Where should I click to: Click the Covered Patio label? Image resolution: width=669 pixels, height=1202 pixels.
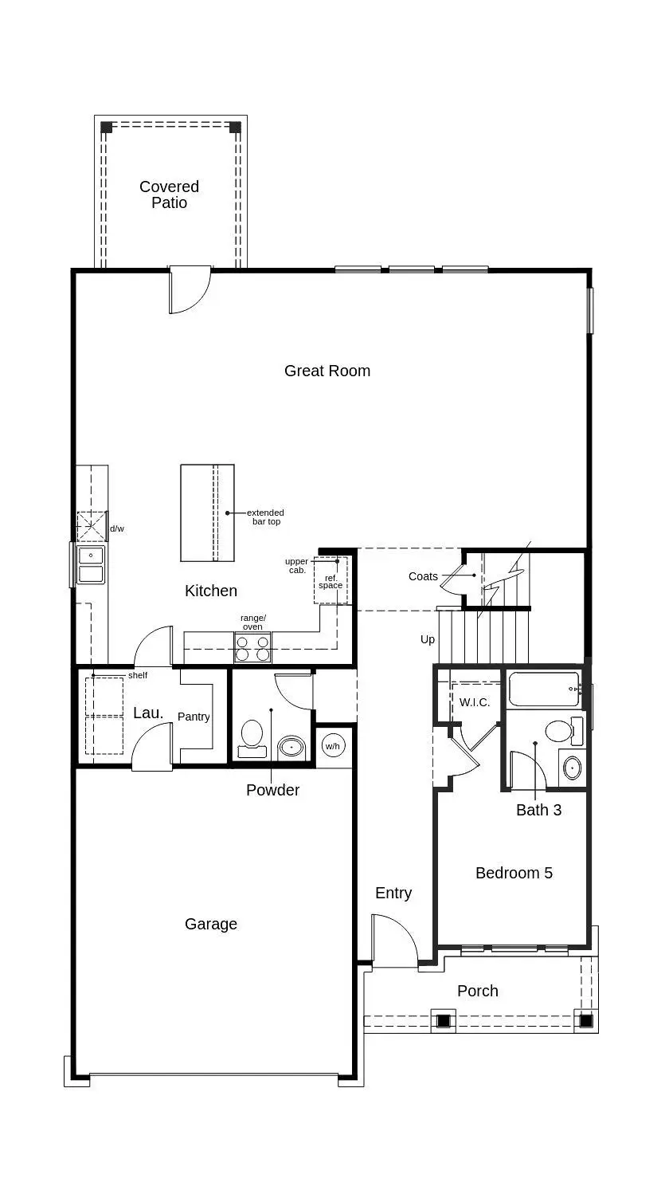point(169,194)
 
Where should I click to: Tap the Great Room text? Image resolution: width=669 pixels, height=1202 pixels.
point(327,371)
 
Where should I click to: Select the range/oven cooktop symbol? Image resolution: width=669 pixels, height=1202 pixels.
point(252,647)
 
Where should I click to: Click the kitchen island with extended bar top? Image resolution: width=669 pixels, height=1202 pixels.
point(207,513)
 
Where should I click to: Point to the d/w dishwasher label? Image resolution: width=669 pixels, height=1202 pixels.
point(117,528)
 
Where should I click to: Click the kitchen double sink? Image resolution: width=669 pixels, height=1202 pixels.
point(91,564)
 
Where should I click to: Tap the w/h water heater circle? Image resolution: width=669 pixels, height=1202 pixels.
point(332,746)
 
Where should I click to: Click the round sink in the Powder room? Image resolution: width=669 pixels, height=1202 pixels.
point(291,748)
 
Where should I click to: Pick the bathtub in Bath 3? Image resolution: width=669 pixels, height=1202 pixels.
point(544,689)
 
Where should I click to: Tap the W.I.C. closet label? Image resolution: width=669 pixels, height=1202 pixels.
point(475,702)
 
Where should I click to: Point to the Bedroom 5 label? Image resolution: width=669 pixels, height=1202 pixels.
point(514,873)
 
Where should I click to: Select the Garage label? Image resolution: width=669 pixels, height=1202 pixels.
point(211,924)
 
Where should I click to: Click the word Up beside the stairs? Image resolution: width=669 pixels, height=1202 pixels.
point(428,639)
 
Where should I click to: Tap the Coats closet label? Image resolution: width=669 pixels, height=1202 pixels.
point(423,576)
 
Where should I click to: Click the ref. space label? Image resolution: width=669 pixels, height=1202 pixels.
point(331,581)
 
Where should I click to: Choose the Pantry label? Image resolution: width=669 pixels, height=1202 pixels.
point(194,717)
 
